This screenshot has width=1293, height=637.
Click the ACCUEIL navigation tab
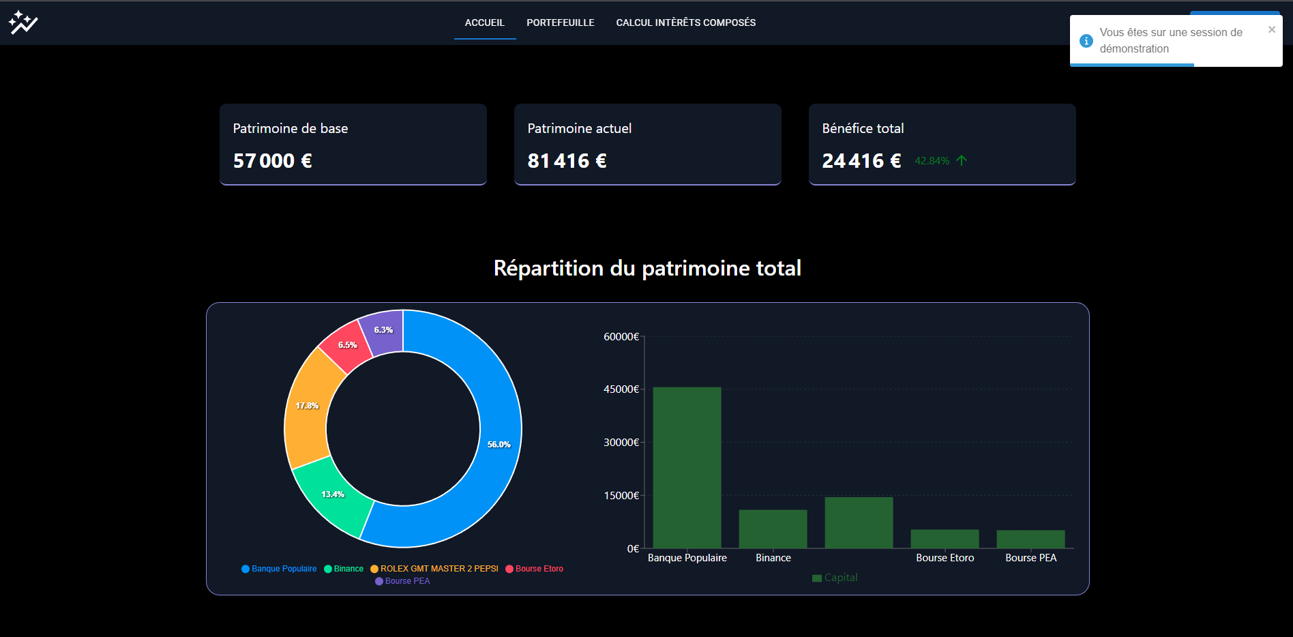pos(484,23)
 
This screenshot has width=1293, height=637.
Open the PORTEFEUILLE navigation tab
pos(560,23)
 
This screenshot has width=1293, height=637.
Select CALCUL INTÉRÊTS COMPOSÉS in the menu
pos(685,23)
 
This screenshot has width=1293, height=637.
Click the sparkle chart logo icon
pos(23,23)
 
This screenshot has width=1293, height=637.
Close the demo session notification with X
pos(1271,29)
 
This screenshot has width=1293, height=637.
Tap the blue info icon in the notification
pos(1086,41)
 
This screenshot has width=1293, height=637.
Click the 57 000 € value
pos(272,161)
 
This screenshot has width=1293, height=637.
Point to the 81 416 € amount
pos(567,161)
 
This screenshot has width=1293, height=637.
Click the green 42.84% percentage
pos(932,161)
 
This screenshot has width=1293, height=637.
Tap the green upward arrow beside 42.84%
pos(962,161)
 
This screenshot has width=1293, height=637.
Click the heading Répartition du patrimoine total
pos(647,268)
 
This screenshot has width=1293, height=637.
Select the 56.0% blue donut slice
pos(499,444)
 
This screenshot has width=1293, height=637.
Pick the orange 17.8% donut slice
pos(307,406)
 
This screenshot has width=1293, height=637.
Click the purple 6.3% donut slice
pos(383,330)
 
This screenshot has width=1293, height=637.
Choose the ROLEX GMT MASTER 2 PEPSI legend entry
pos(439,569)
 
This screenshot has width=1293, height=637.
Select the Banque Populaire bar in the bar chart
pos(687,467)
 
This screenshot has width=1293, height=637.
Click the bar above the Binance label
pos(773,529)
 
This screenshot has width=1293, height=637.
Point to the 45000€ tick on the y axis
pos(621,389)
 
